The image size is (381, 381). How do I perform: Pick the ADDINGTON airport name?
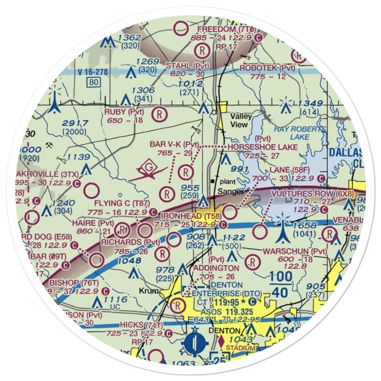click(216, 269)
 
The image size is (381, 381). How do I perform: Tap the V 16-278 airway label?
click(91, 72)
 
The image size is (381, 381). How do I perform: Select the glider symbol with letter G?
click(147, 168)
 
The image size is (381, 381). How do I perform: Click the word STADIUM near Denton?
click(240, 348)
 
